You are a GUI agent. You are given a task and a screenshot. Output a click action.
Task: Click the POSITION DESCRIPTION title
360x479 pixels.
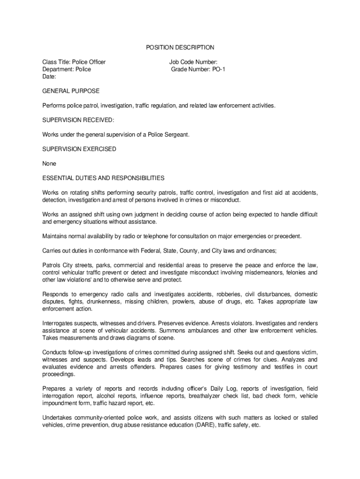180,47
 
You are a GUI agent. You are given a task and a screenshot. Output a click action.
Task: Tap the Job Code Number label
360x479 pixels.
193,62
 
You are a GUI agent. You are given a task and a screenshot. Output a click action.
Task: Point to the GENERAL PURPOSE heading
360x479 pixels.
71,91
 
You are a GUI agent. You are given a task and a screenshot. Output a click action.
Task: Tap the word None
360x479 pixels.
49,164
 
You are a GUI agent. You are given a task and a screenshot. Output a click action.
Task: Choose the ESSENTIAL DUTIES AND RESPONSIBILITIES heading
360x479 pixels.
103,178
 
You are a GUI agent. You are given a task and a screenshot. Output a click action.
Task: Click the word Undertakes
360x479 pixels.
58,418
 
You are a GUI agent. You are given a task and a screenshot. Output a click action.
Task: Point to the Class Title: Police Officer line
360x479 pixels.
74,62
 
